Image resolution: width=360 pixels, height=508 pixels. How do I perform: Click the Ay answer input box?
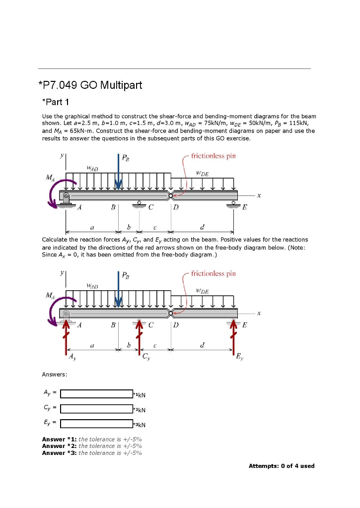click(96, 394)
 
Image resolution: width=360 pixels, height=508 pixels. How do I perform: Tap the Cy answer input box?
click(96, 409)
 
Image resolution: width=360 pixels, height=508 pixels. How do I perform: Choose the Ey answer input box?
click(96, 424)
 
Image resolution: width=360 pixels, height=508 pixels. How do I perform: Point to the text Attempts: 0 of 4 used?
click(281, 466)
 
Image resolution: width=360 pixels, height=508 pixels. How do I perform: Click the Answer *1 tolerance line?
click(92, 439)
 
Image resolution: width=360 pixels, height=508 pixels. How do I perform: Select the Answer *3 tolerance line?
click(92, 452)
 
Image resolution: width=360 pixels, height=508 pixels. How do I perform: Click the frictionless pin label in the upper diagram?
click(213, 156)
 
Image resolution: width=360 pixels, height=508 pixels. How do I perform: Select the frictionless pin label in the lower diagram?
click(213, 274)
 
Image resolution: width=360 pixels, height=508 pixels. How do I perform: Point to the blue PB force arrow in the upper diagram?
click(118, 171)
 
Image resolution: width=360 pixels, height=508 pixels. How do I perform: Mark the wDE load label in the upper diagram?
click(202, 174)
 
